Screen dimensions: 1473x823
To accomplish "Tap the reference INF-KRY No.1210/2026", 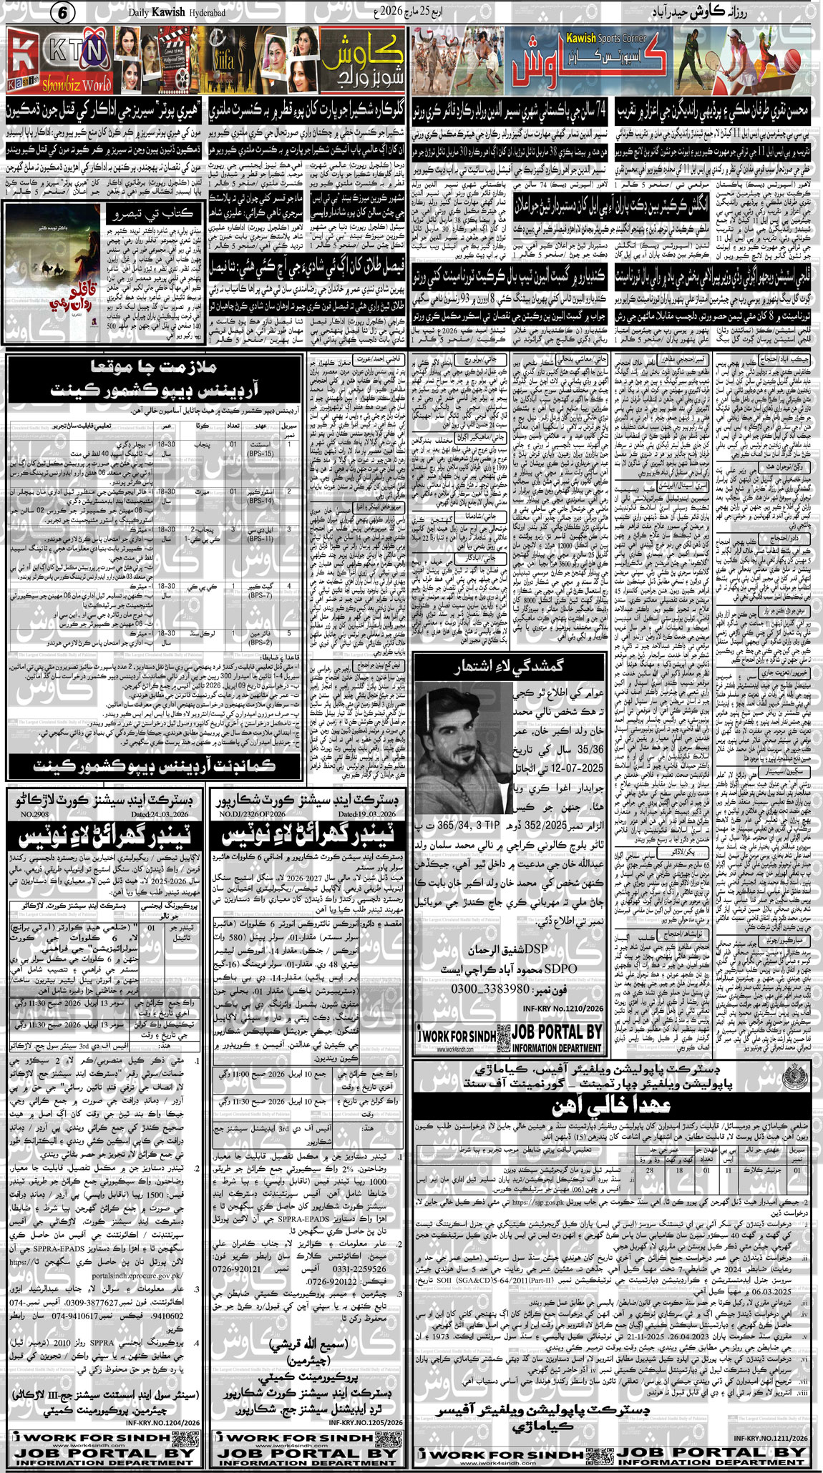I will click(x=571, y=1008).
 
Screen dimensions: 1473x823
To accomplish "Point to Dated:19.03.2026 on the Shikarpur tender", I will click(x=367, y=814).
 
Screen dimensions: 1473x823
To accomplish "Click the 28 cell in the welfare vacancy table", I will click(x=649, y=1170).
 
